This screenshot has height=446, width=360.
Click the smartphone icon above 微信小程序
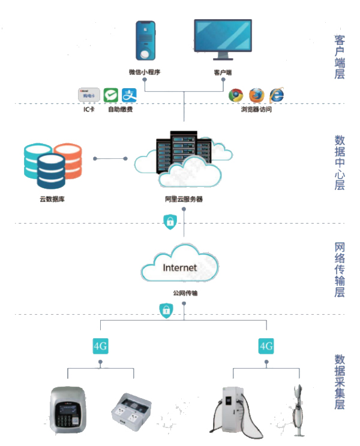click(x=145, y=42)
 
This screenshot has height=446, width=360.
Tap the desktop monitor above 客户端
click(x=223, y=38)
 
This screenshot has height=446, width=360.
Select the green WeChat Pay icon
click(x=110, y=95)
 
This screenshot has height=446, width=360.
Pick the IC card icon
click(x=89, y=95)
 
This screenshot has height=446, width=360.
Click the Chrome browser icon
click(x=236, y=95)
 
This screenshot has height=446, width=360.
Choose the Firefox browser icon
click(x=256, y=95)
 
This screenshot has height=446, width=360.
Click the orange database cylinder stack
click(x=67, y=159)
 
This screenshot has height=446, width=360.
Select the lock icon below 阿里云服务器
click(x=170, y=222)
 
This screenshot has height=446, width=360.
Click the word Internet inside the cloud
click(x=179, y=267)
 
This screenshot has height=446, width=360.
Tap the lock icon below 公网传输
click(x=164, y=310)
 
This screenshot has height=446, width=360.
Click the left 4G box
click(x=100, y=346)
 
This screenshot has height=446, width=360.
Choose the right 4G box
click(x=266, y=346)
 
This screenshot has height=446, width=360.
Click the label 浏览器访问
click(x=256, y=110)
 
